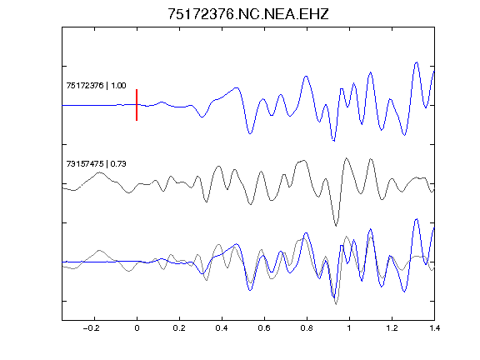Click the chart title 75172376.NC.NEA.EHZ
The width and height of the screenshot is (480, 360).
(248, 14)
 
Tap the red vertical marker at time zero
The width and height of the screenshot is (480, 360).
(137, 105)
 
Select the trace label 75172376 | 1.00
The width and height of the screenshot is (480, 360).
(96, 85)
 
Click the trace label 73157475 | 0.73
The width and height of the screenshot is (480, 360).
(96, 164)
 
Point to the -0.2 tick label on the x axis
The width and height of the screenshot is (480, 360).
(92, 328)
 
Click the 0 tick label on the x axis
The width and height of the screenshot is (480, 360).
(137, 328)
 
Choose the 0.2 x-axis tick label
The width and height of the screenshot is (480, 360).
(179, 328)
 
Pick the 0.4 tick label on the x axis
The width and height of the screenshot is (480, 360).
(222, 328)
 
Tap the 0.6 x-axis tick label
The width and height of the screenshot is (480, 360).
(264, 328)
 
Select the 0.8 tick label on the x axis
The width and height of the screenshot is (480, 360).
(307, 328)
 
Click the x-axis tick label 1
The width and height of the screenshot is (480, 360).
(349, 328)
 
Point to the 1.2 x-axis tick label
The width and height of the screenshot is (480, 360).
(392, 328)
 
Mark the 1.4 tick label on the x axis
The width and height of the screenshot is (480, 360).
(434, 328)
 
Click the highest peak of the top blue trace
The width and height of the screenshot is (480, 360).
(417, 62)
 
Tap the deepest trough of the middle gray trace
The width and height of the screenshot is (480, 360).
(336, 226)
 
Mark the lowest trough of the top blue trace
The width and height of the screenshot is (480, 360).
(333, 141)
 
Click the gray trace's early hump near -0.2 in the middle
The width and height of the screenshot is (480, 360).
(99, 173)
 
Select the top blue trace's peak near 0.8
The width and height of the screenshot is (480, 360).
(306, 76)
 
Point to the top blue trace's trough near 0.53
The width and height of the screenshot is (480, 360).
(250, 133)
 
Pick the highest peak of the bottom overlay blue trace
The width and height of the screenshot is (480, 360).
(417, 219)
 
